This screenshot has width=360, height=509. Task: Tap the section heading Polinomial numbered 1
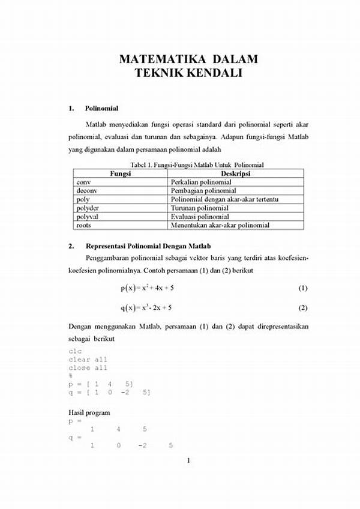pyautogui.click(x=101, y=109)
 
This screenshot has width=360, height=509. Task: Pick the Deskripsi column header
pyautogui.click(x=236, y=173)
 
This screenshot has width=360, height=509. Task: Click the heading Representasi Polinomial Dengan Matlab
pyautogui.click(x=156, y=246)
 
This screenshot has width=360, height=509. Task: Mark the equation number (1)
pyautogui.click(x=302, y=289)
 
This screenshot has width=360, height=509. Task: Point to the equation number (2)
pyautogui.click(x=302, y=309)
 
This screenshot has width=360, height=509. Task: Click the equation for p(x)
pyautogui.click(x=147, y=289)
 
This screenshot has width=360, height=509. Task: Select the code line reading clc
pyautogui.click(x=75, y=351)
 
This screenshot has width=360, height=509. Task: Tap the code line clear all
pyautogui.click(x=88, y=360)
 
